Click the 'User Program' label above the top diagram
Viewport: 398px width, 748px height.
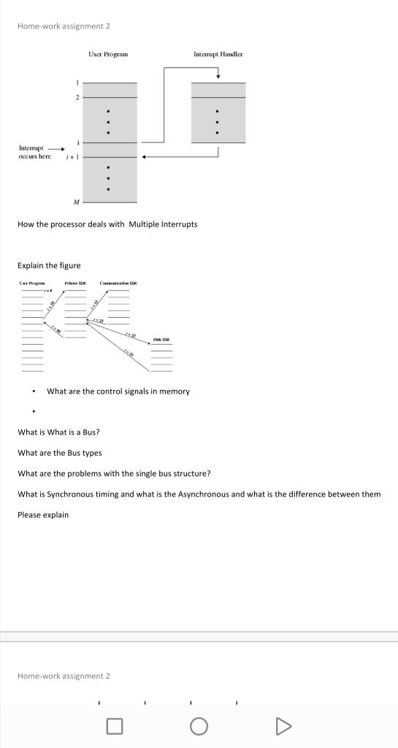[x=108, y=54]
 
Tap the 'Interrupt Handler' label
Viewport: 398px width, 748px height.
[x=218, y=54]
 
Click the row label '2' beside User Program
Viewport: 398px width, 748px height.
[x=76, y=97]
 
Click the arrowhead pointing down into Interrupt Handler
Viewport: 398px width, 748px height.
[x=218, y=77]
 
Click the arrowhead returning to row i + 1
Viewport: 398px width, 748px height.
[x=144, y=156]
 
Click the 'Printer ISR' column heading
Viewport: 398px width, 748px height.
[x=75, y=282]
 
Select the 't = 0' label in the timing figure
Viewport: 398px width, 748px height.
[x=50, y=290]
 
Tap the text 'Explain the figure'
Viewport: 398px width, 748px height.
[x=49, y=265]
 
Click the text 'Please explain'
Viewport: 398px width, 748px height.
[x=43, y=515]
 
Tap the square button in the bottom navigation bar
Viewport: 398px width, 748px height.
[x=114, y=726]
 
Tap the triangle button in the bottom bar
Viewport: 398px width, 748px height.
[x=283, y=726]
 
